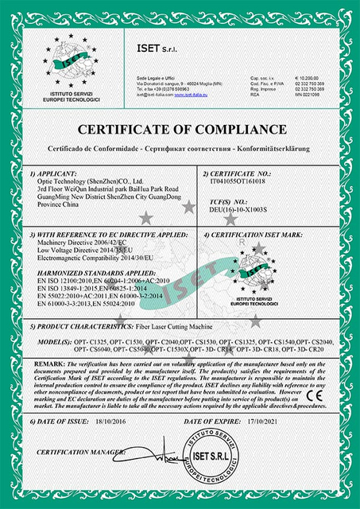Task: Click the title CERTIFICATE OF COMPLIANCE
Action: [180, 130]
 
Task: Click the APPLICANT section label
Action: [53, 172]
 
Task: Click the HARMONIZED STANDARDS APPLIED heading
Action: [91, 273]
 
